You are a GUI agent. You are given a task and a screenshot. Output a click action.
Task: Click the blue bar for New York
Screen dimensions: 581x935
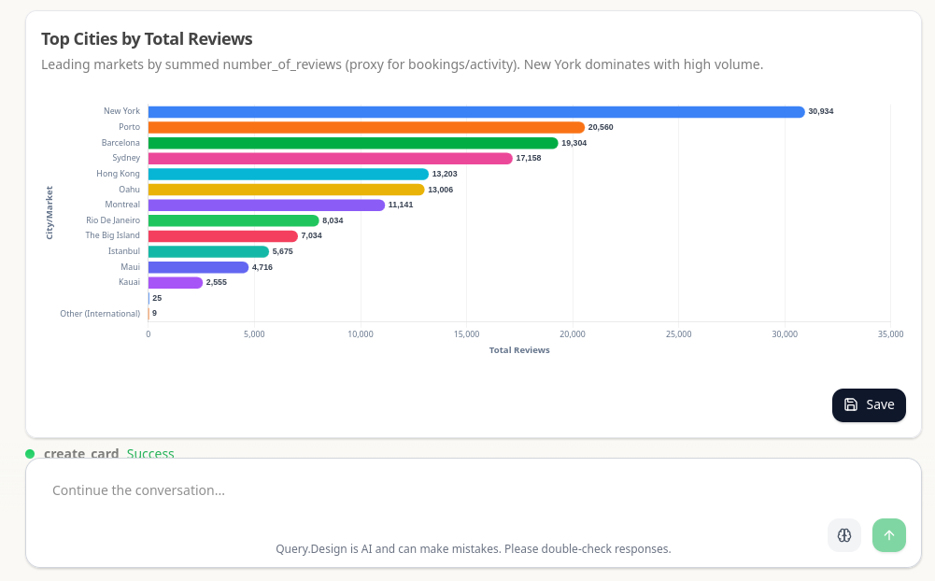(475, 112)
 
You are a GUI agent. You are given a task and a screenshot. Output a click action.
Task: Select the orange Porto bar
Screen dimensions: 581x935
(366, 127)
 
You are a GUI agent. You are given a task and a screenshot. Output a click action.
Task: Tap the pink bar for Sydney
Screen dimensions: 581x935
(330, 159)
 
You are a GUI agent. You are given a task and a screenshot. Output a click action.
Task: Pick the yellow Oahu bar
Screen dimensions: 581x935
(286, 190)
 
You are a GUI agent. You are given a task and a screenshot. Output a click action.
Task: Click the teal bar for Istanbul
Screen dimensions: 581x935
(208, 251)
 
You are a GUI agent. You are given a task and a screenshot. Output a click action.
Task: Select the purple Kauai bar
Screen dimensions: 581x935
(176, 282)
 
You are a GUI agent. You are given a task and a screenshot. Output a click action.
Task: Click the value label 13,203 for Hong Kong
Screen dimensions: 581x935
(445, 174)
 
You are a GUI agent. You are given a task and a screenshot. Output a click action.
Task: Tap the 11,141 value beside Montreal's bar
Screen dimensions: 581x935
(401, 205)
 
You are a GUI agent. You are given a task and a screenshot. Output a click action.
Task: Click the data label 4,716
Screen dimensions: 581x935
(262, 267)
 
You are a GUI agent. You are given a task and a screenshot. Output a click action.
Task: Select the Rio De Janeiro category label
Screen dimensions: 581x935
(113, 220)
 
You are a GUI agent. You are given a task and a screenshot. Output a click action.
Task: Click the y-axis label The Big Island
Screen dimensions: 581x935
(112, 235)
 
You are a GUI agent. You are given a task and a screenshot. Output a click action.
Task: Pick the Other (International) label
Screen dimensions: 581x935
(100, 314)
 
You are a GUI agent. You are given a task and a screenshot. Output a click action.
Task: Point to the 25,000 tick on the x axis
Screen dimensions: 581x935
(678, 333)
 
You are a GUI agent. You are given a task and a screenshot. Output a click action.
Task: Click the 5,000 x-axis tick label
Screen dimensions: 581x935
(254, 333)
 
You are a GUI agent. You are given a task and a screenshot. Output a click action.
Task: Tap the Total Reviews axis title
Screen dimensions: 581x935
(519, 350)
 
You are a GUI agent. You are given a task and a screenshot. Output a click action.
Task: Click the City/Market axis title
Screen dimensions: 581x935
(50, 213)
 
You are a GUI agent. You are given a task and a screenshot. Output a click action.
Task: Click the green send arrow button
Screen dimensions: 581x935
(888, 535)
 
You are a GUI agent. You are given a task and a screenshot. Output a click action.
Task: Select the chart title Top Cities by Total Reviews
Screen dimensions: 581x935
(147, 38)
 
